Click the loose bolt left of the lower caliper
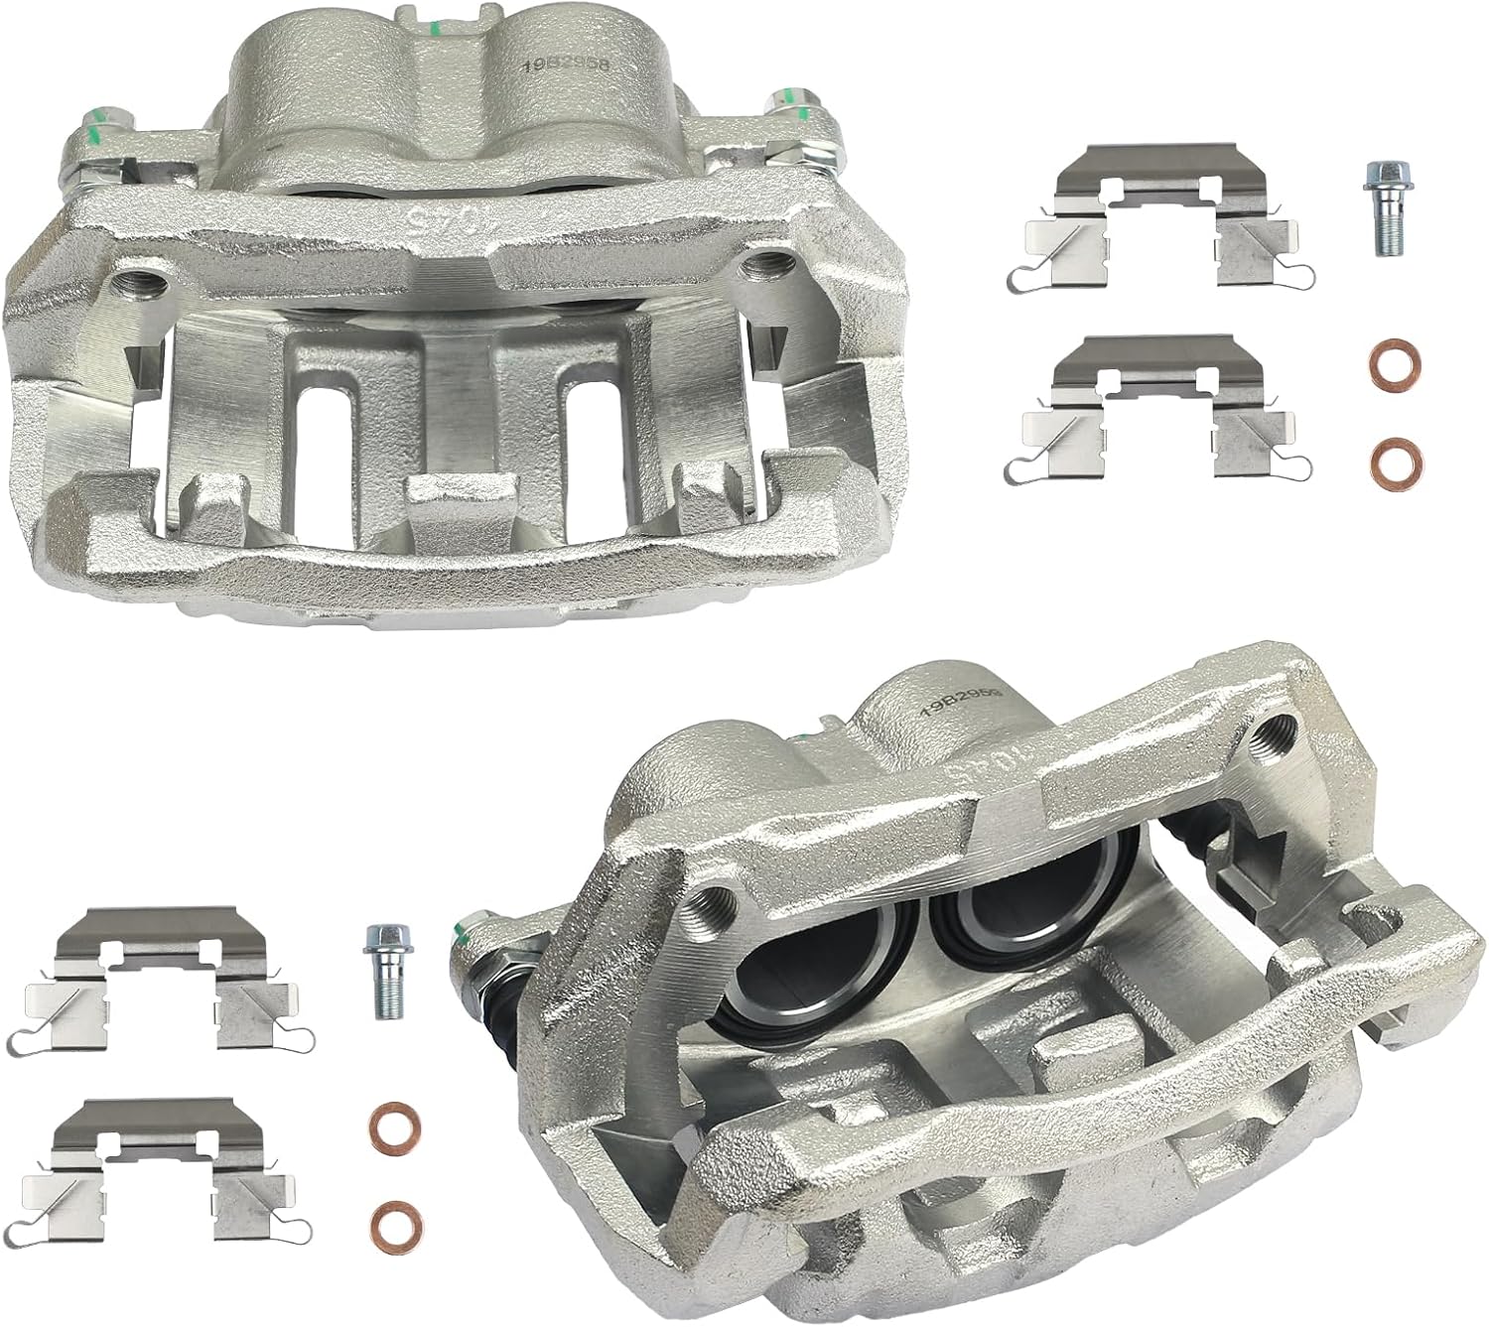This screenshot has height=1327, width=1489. [x=382, y=969]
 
